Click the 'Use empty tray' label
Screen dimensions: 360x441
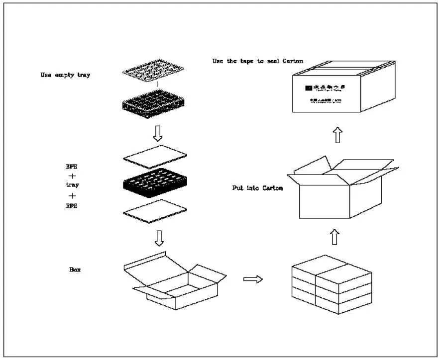tap(65, 76)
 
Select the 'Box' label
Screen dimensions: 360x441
tap(75, 270)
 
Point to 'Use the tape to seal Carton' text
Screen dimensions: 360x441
tap(257, 61)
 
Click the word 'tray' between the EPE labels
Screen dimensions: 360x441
tap(73, 184)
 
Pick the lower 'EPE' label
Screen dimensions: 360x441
tap(73, 205)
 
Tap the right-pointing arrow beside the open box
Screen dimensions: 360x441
tap(253, 279)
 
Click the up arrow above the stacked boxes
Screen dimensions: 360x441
tap(334, 237)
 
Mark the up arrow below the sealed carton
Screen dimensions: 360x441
tap(337, 134)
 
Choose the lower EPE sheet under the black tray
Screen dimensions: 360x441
tap(155, 211)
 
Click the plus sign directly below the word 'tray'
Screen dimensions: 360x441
tap(73, 195)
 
